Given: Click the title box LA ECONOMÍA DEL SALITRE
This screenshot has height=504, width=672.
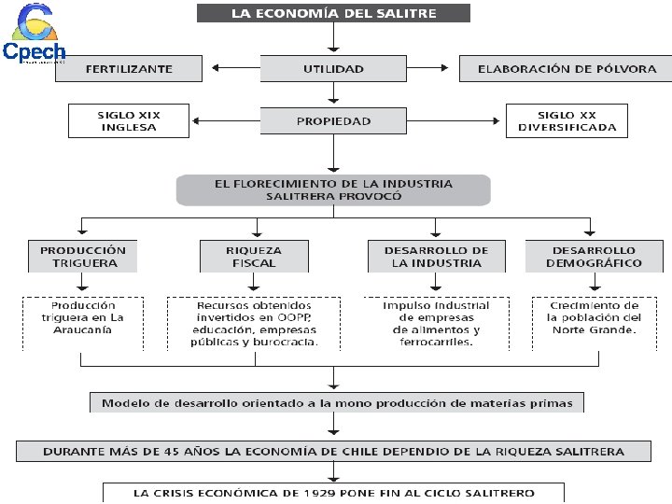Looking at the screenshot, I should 334,13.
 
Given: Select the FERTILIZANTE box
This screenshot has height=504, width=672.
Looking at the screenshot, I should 129,69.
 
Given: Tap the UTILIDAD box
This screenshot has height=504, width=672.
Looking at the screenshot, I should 333,69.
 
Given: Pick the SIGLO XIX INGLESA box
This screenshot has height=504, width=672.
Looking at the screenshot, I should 129,121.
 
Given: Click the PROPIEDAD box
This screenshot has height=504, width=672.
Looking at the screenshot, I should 333,121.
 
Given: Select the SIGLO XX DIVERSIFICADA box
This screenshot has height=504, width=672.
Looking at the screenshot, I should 567,121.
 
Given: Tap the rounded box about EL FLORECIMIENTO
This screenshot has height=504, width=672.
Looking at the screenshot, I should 333,189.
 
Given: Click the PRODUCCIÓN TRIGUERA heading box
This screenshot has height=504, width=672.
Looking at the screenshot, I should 83,257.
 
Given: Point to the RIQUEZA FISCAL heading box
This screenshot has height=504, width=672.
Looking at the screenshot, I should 255,257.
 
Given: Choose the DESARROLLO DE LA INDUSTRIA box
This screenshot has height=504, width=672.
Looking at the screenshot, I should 437,257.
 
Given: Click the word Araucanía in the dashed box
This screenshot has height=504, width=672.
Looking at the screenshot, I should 83,330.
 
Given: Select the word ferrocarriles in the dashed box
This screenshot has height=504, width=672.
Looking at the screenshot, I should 437,343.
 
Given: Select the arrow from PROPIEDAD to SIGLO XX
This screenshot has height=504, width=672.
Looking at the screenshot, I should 457,121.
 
